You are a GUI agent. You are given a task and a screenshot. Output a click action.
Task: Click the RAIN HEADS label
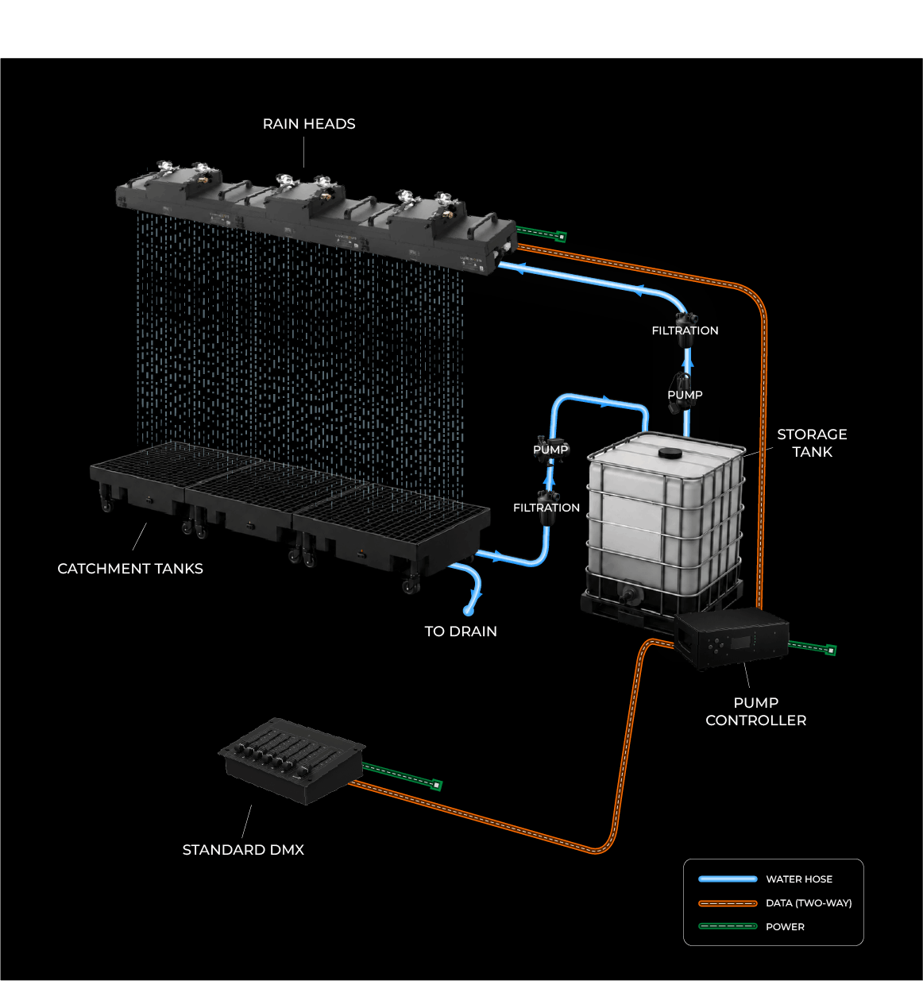[309, 124]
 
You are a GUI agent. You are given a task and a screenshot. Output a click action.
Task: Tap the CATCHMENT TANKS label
[130, 569]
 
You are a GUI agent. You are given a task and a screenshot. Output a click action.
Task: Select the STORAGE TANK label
[812, 443]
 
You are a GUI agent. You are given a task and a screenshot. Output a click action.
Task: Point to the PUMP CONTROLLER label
[755, 711]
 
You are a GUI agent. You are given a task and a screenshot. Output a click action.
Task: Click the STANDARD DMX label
[243, 850]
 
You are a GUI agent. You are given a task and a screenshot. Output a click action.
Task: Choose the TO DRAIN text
[461, 631]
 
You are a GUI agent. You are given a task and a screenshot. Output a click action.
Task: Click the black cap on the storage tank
[670, 453]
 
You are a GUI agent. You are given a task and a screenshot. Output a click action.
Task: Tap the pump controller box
[732, 638]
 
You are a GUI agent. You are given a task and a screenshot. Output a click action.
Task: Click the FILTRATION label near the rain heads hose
[685, 330]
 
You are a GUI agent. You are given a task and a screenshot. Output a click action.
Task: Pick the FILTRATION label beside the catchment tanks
[546, 508]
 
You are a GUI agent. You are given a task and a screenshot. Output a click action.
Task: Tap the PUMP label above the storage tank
[685, 395]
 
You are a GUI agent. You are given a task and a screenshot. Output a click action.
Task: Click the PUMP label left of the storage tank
[550, 450]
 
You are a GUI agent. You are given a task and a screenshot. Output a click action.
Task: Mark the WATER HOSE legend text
[799, 879]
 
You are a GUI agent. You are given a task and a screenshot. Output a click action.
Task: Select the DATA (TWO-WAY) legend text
[809, 903]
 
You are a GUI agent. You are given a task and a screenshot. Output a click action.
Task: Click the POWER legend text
[785, 927]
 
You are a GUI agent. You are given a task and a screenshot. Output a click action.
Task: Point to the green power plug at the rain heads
[561, 237]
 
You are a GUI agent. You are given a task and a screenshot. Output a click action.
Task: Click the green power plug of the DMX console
[436, 785]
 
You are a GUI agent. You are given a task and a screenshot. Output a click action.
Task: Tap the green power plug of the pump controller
[831, 651]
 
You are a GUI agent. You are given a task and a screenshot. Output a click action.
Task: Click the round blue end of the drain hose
[469, 611]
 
